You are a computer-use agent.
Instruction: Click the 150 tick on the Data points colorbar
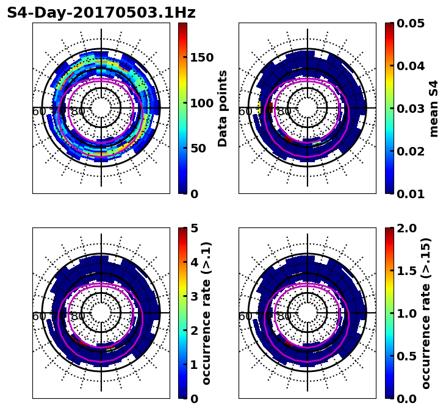pos(201,57)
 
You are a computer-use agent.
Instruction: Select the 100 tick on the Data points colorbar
pos(201,103)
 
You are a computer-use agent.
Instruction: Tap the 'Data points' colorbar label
pos(223,108)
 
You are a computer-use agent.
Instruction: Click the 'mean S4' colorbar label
pos(434,108)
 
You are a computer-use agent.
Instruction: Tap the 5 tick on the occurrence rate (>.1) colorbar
pos(194,228)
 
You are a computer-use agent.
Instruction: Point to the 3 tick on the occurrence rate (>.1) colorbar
pos(194,296)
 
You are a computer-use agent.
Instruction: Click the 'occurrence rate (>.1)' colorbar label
pos(206,313)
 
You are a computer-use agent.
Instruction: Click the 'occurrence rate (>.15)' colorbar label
pos(425,313)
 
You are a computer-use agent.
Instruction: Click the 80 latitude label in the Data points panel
pos(78,112)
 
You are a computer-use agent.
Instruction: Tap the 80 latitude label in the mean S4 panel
pos(284,112)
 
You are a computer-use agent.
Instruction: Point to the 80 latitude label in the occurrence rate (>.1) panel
pos(78,316)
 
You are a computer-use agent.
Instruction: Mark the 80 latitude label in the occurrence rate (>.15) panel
pos(284,316)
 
